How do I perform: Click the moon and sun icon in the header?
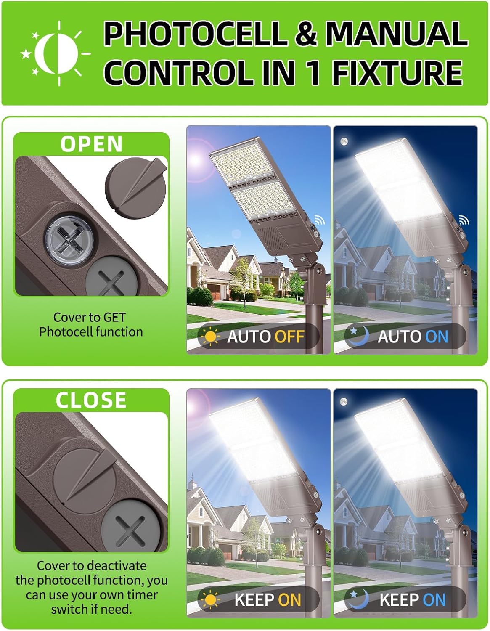pyautogui.click(x=56, y=53)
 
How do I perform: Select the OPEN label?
pyautogui.click(x=91, y=144)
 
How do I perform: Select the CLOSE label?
pyautogui.click(x=91, y=400)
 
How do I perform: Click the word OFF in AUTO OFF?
pyautogui.click(x=289, y=337)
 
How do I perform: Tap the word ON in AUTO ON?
pyautogui.click(x=437, y=337)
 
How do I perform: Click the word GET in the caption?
pyautogui.click(x=114, y=317)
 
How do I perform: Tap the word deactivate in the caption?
pyautogui.click(x=117, y=566)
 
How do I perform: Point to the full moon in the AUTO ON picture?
pyautogui.click(x=344, y=142)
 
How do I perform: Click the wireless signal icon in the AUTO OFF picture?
pyautogui.click(x=320, y=220)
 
